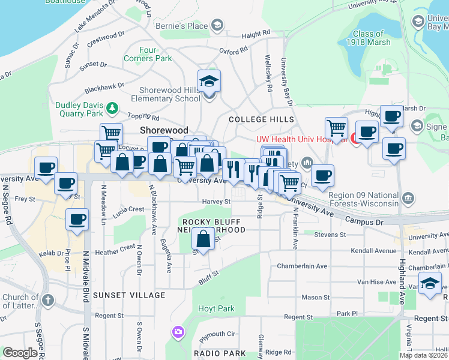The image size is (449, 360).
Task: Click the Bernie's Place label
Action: (181, 26)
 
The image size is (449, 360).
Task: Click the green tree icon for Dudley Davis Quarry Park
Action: (112, 108)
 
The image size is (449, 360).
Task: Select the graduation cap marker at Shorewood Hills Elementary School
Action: (209, 81)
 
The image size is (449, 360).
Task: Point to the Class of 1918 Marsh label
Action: (368, 38)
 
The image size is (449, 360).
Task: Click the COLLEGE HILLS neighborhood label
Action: (262, 119)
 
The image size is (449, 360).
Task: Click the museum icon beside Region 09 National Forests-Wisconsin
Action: (408, 197)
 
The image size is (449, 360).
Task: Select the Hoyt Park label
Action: (216, 309)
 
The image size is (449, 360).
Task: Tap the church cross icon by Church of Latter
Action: (47, 298)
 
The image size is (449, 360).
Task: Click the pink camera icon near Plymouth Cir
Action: (178, 331)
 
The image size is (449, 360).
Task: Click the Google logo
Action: (20, 353)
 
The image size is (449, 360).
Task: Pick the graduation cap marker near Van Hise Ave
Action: (430, 284)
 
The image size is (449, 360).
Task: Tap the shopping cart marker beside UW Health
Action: (336, 128)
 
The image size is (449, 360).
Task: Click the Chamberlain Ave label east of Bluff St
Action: (301, 266)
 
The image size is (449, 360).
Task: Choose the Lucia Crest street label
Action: (128, 210)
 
